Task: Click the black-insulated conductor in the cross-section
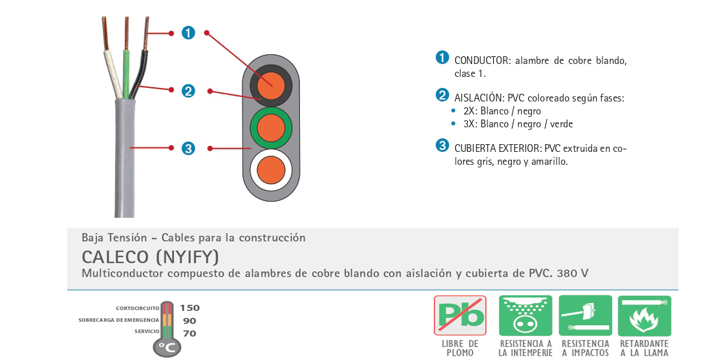(271, 85)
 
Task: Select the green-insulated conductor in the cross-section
(271, 128)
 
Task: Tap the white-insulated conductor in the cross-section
(271, 170)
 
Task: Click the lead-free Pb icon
(460, 315)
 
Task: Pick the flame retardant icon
(644, 315)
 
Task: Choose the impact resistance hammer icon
(586, 315)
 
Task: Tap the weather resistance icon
(526, 315)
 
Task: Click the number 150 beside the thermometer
(190, 308)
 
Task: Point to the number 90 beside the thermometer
(189, 321)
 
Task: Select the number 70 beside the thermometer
(189, 334)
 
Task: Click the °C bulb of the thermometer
(167, 347)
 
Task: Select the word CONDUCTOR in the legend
(482, 61)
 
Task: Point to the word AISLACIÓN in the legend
(478, 98)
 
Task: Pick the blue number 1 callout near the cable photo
(188, 33)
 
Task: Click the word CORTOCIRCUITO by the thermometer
(138, 308)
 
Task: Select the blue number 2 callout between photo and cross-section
(188, 91)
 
